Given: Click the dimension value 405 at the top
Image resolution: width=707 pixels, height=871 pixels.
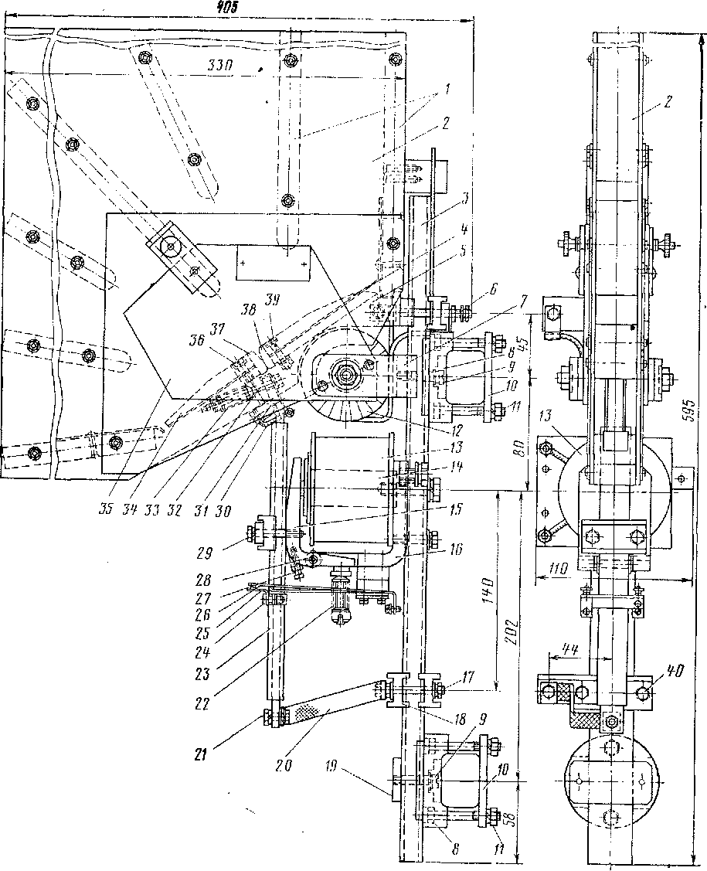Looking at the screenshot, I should (x=225, y=7).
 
